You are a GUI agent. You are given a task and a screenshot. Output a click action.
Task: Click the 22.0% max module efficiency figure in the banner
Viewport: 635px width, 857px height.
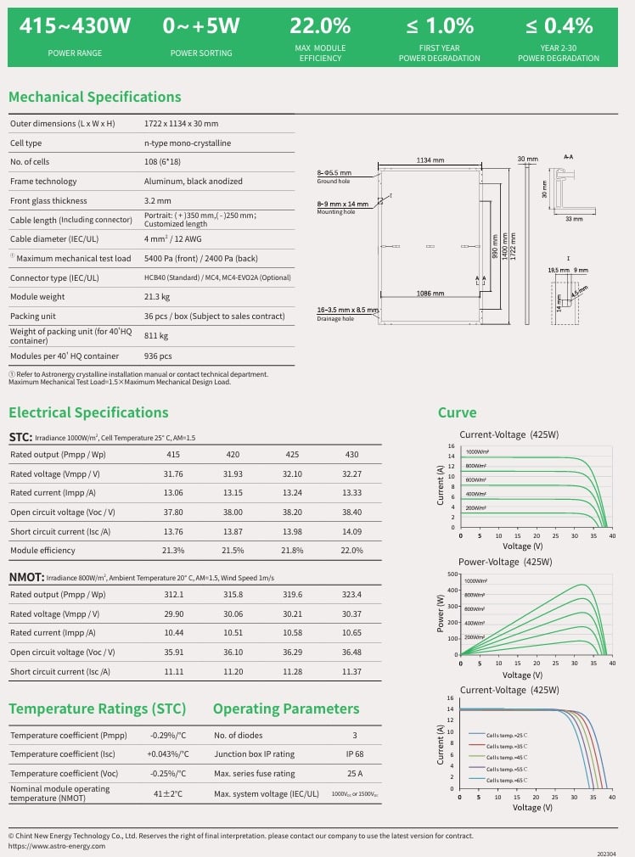(x=320, y=26)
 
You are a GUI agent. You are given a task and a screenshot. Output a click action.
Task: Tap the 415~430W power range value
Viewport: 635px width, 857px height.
(x=76, y=26)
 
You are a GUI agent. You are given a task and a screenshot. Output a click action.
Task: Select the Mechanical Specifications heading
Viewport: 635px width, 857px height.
(x=94, y=97)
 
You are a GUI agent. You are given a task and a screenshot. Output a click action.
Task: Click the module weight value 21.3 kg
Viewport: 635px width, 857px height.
(x=157, y=298)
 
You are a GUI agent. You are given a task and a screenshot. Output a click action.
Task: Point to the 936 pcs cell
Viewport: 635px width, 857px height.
(x=158, y=356)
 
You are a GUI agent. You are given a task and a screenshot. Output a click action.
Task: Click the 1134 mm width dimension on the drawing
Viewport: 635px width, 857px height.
(x=430, y=160)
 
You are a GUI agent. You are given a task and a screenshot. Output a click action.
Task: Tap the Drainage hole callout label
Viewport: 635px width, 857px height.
(x=334, y=319)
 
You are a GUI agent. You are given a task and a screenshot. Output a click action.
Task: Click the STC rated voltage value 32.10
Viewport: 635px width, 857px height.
(x=292, y=473)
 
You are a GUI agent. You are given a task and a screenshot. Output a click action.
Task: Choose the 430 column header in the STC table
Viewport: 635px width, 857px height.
(x=351, y=455)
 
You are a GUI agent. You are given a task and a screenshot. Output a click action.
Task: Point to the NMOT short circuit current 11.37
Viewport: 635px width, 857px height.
(x=351, y=672)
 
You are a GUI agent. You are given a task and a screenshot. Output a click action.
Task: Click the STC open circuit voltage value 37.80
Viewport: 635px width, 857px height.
(x=173, y=513)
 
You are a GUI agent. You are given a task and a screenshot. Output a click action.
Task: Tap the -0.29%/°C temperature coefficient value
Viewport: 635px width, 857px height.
(x=168, y=736)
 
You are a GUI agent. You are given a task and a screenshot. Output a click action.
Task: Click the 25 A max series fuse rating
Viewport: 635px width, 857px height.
(x=354, y=774)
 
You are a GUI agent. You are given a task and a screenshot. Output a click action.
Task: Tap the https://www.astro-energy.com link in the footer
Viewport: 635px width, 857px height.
(x=57, y=846)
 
